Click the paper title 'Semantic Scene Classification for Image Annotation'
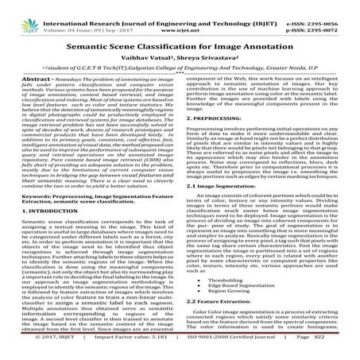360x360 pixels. point(180,45)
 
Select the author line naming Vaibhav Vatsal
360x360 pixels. point(180,60)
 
